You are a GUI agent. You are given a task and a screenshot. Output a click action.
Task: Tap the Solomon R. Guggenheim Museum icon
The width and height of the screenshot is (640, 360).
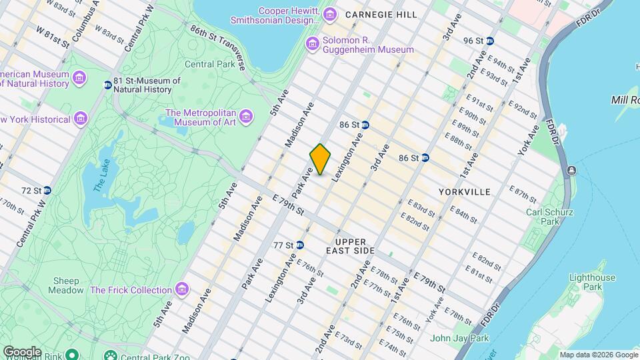pos(312,44)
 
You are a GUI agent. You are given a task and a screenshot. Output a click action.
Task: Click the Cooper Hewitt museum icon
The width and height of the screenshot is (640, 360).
pos(329,14)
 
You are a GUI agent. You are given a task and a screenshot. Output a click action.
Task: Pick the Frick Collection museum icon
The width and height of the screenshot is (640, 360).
pos(181,290)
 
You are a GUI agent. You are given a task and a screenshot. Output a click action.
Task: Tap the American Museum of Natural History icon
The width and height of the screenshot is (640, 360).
pos(79,79)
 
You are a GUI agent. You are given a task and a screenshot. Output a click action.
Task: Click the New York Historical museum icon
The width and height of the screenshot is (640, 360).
pos(81,119)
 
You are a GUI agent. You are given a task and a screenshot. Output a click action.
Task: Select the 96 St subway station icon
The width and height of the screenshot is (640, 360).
pos(490,41)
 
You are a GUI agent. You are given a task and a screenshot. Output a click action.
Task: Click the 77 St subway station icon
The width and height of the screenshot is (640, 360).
pos(300,245)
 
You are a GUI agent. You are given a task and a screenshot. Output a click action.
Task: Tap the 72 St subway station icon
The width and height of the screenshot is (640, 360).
pos(47,191)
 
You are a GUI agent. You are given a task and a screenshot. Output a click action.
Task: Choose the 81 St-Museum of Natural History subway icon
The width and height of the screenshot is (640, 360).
pos(108,85)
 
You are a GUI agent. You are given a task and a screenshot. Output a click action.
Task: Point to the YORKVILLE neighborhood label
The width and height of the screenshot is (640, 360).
pos(465,192)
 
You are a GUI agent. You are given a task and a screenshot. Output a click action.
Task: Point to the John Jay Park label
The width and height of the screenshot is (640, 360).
pos(459,338)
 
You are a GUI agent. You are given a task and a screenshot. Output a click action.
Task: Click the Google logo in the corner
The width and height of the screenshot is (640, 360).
pos(21,351)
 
